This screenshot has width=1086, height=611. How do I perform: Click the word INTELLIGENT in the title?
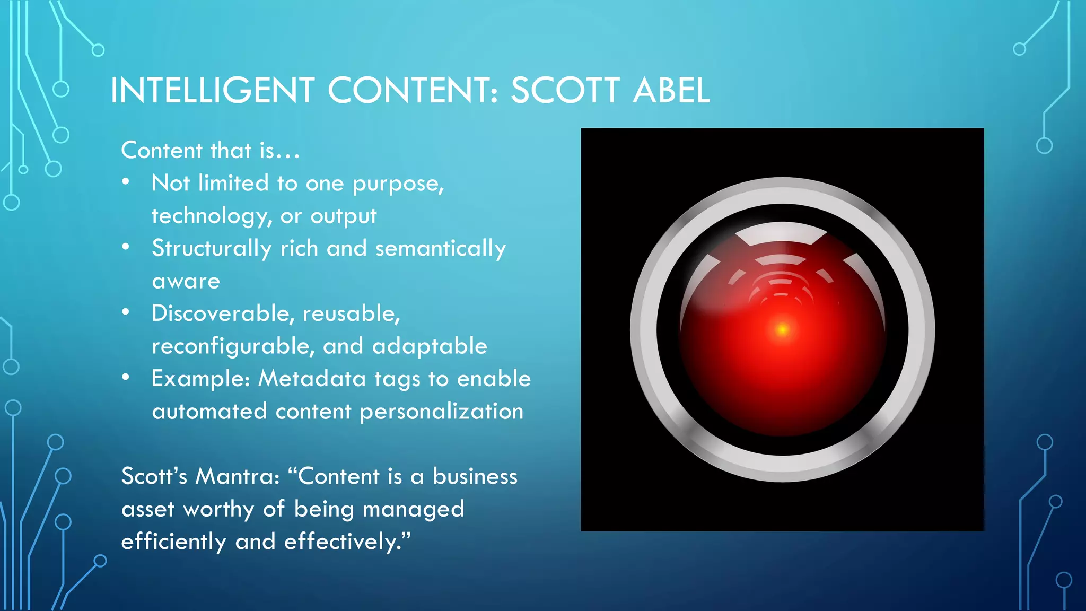(x=213, y=90)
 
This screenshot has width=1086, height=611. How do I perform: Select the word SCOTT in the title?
(x=565, y=90)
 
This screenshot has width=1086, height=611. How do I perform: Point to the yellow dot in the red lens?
(x=782, y=330)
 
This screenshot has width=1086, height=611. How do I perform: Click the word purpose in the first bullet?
(x=398, y=184)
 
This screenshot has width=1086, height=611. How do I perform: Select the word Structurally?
(x=212, y=249)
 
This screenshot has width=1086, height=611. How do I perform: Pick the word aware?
(x=186, y=281)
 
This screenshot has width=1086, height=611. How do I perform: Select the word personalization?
(x=441, y=412)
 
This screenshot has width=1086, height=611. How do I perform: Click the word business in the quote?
(x=475, y=476)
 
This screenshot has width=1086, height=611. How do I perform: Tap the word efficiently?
(x=173, y=542)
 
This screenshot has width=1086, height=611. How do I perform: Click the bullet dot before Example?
(x=126, y=377)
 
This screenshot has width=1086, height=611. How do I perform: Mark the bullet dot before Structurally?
(x=126, y=247)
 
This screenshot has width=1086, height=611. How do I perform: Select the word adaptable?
(x=430, y=346)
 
